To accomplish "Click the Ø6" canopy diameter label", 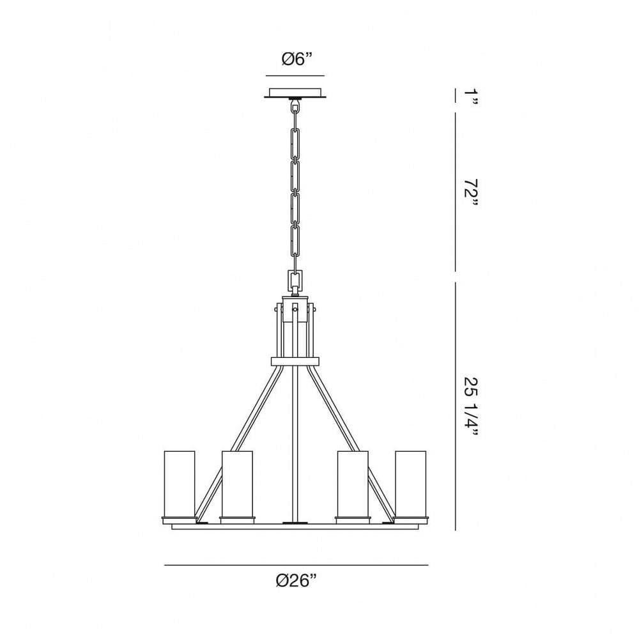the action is (x=296, y=59).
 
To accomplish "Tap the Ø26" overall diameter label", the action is (x=296, y=580).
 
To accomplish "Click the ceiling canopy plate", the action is (x=295, y=93).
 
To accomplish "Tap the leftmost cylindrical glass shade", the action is (x=180, y=484).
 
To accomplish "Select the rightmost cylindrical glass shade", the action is (x=410, y=484).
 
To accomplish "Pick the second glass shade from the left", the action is (x=237, y=484).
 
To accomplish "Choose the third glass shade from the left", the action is (x=353, y=484).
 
